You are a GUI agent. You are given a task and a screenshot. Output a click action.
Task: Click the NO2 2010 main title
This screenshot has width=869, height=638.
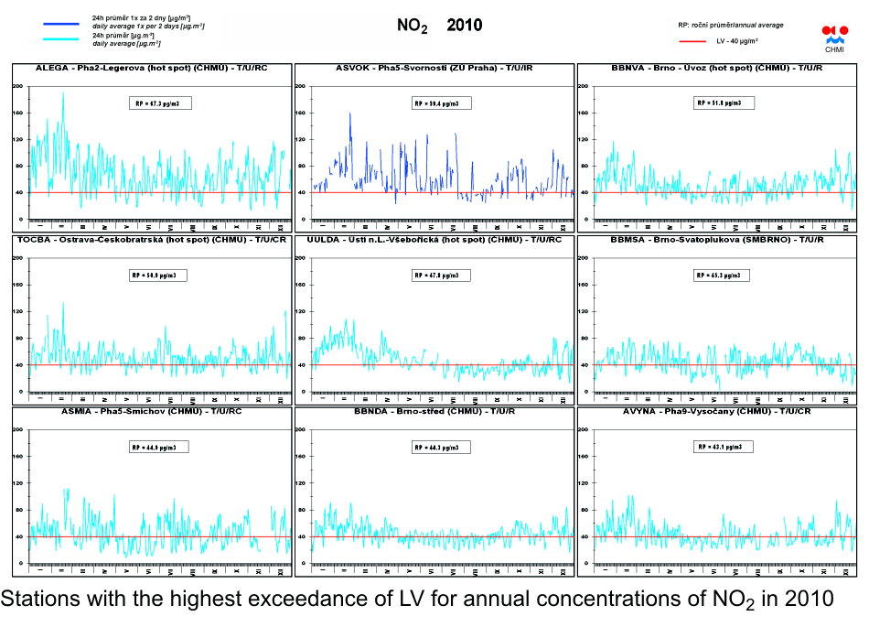coord(439,27)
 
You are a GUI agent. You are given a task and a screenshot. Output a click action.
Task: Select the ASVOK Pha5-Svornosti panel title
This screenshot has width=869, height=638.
coord(434,69)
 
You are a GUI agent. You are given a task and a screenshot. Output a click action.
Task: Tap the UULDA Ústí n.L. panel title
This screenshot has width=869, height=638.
coord(434,240)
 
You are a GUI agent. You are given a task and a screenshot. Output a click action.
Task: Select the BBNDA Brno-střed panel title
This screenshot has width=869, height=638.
coord(434,412)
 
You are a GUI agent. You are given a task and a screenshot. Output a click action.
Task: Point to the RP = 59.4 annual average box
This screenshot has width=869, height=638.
coord(442,103)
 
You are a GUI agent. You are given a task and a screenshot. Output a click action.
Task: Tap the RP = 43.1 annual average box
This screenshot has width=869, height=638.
coord(724,447)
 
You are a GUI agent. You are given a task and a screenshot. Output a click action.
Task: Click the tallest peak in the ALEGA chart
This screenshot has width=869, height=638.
coord(63,93)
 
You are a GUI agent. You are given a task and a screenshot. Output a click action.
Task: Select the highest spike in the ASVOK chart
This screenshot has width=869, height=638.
coord(350,114)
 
